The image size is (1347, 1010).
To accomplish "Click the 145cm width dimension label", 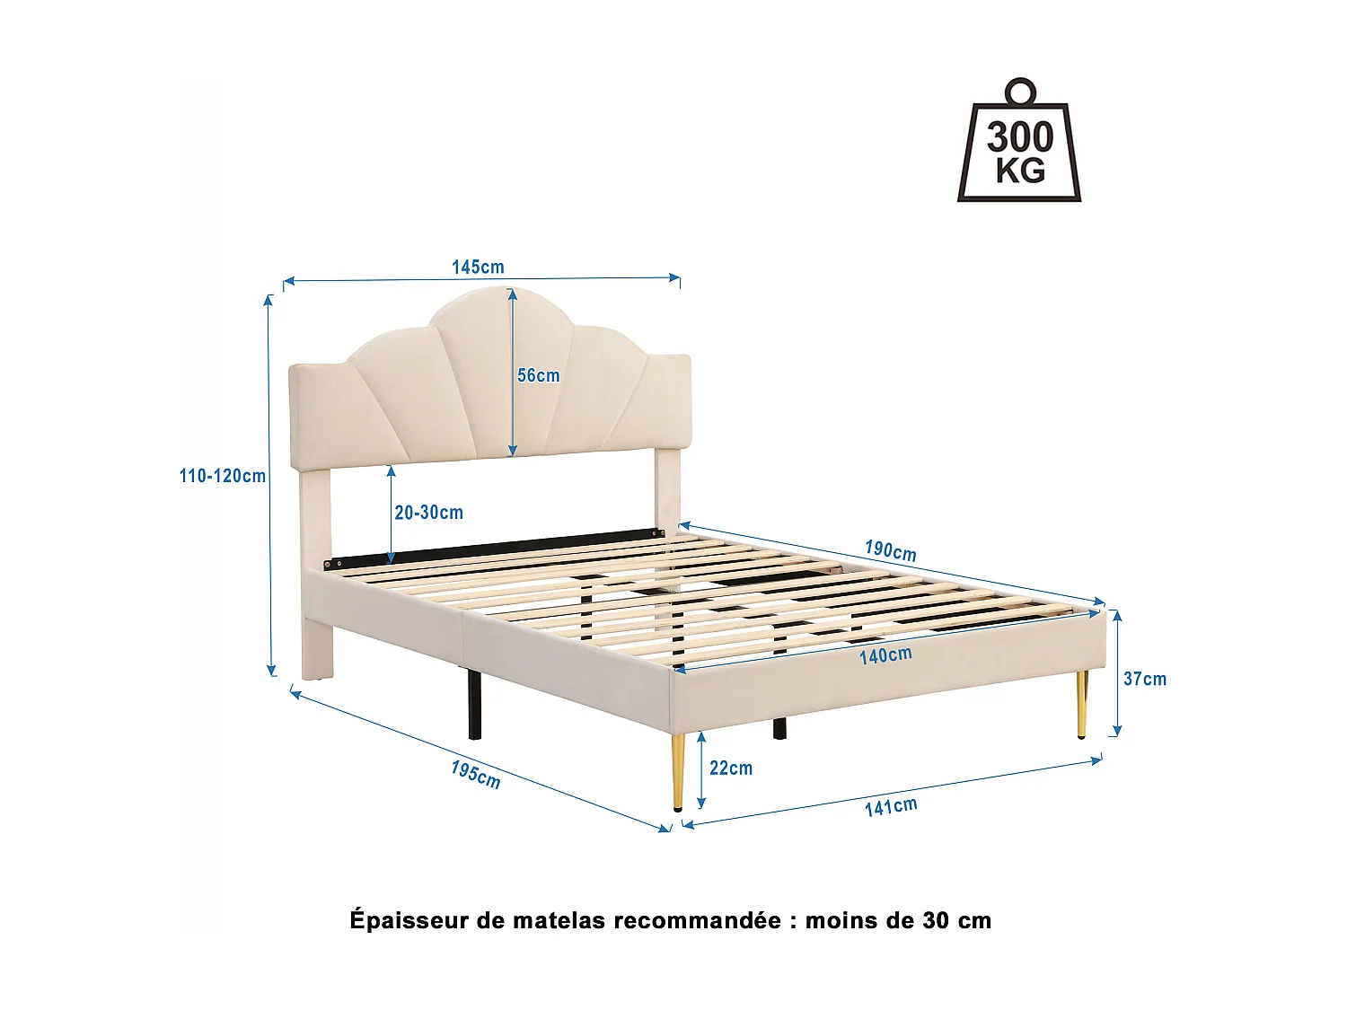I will coord(478,267).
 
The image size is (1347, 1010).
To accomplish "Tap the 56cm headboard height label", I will coord(538,375).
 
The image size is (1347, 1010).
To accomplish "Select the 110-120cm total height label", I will coord(222,476).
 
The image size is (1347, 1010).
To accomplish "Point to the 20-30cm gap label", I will coord(429,513).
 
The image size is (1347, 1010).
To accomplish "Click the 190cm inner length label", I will coord(891,550).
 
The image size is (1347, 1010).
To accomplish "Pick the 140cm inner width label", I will coord(885,655).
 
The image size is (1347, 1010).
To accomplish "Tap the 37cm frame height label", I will coord(1145,679).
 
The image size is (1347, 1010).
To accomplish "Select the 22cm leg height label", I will coord(731,768).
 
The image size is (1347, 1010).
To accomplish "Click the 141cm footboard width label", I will coord(891,806).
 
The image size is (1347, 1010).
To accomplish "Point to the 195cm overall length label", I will coord(476,774).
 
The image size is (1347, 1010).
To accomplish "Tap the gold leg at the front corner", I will coord(678,772).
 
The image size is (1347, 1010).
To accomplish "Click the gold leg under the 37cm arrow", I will coord(1082,704).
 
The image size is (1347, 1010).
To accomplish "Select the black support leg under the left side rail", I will coord(474,705).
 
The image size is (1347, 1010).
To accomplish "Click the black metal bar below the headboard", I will coord(494,550).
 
